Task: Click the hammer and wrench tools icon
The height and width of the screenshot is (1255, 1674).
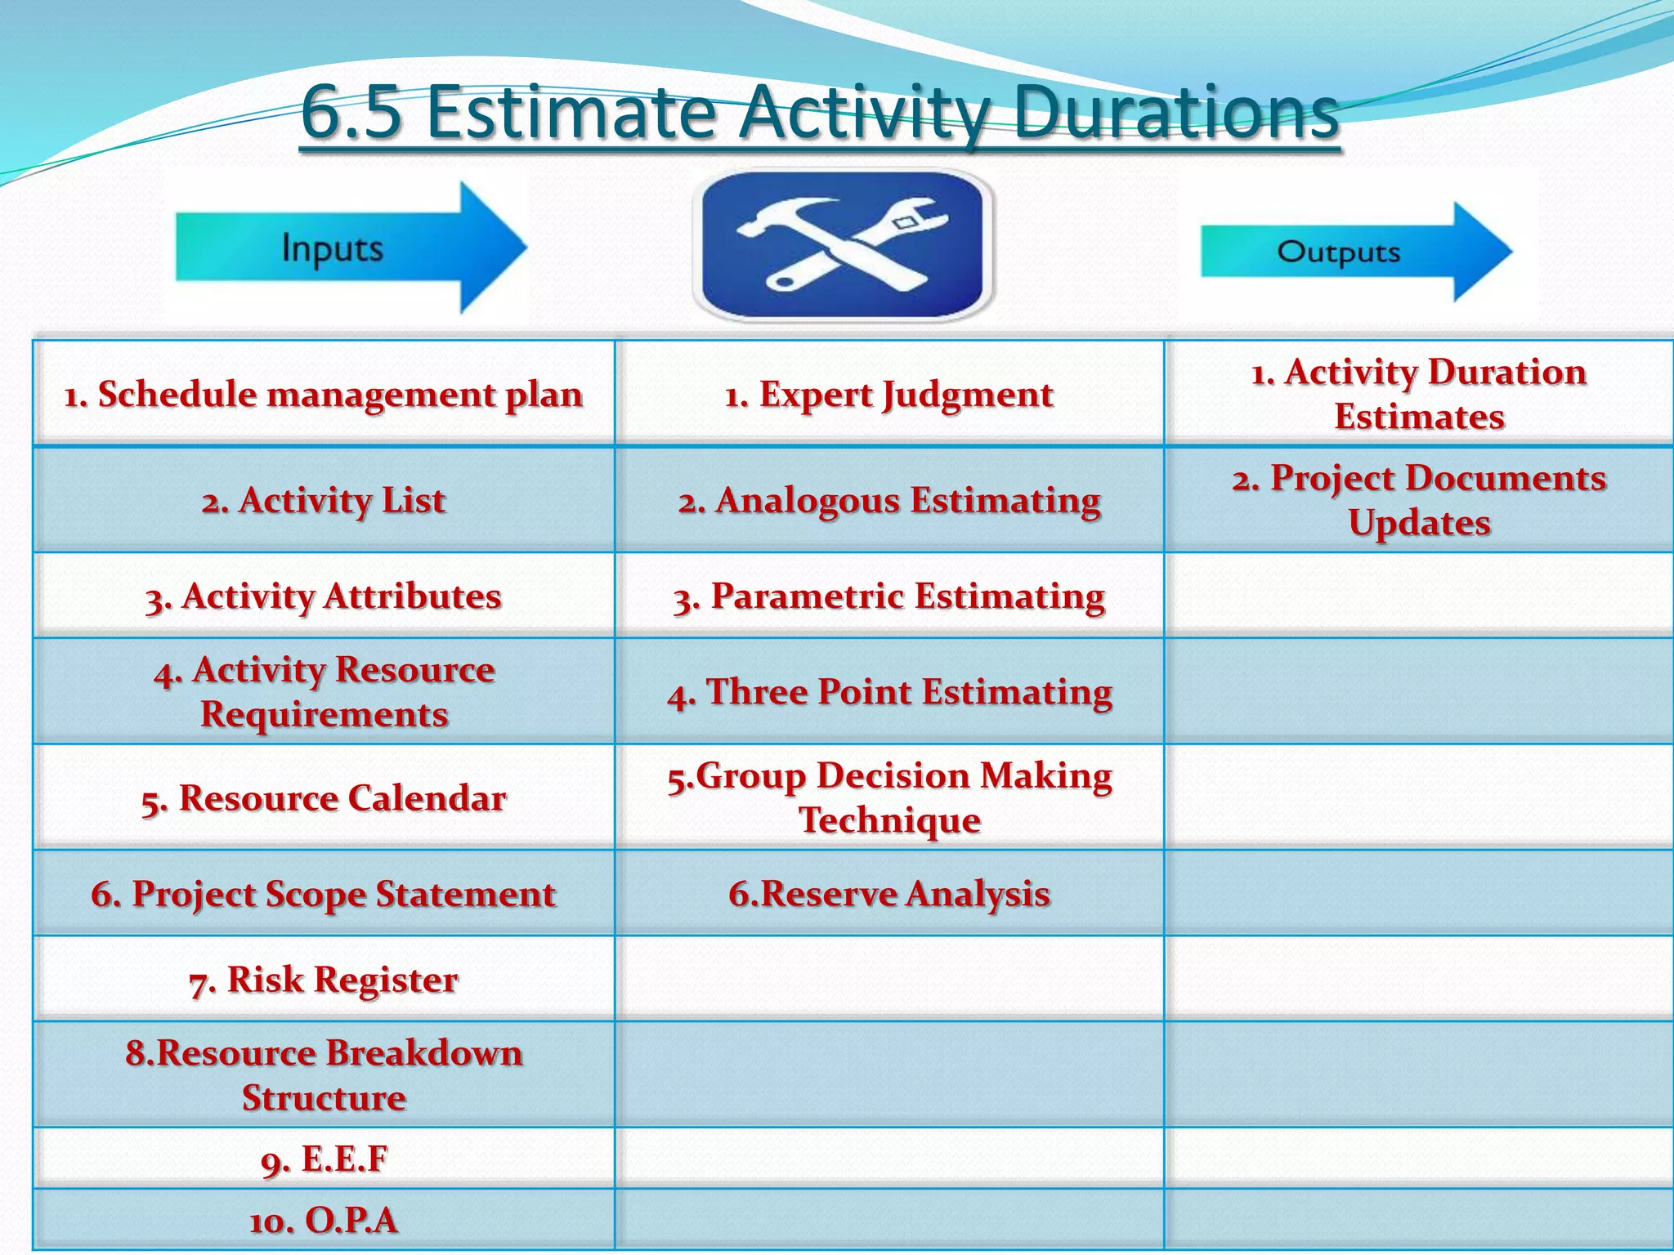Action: (843, 245)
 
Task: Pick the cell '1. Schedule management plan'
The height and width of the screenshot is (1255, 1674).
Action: (324, 395)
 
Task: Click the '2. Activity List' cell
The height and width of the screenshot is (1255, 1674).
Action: (324, 500)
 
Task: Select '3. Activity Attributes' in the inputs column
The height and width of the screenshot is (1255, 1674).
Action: (324, 596)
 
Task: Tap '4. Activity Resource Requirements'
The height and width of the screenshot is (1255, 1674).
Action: (324, 691)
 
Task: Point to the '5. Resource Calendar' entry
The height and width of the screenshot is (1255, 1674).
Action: (324, 797)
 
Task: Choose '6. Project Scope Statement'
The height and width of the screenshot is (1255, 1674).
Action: (324, 893)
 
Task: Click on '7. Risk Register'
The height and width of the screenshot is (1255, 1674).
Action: (324, 979)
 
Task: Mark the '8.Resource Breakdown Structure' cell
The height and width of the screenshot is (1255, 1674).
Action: (324, 1074)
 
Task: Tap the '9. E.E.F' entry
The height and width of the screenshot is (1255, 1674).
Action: (324, 1159)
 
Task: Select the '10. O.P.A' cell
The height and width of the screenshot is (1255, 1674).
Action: (324, 1221)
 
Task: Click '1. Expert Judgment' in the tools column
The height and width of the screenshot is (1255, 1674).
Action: (889, 395)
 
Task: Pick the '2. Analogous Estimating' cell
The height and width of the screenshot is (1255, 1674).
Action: (889, 500)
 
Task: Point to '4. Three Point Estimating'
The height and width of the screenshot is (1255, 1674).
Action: (889, 691)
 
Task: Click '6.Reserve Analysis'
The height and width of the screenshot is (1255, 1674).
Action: (889, 893)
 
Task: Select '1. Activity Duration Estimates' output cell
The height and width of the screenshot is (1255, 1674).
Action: (1419, 394)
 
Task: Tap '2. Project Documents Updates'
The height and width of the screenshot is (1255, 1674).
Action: (1419, 500)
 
